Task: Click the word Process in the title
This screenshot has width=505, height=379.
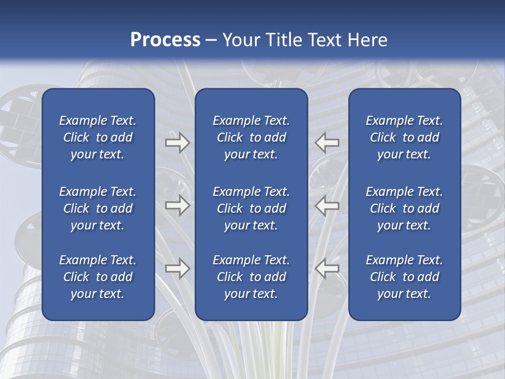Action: (x=165, y=40)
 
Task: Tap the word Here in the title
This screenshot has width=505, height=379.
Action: (x=367, y=40)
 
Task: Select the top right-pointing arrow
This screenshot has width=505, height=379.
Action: (x=177, y=143)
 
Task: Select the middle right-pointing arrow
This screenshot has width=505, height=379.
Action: (x=177, y=205)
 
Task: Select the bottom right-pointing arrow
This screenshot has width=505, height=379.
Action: (x=177, y=268)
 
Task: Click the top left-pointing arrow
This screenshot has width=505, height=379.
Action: (x=327, y=143)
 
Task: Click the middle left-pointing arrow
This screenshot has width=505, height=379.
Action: (x=327, y=205)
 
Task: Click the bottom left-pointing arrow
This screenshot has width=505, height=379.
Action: (x=327, y=268)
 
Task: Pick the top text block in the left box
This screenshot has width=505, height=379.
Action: (x=98, y=137)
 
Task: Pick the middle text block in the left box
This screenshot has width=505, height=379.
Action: (x=98, y=208)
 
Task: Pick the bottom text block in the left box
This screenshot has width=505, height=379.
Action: (x=98, y=277)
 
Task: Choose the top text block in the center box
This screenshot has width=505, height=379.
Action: (x=251, y=137)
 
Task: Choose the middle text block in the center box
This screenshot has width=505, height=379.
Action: (x=251, y=208)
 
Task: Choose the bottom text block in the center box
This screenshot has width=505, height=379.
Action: (x=251, y=277)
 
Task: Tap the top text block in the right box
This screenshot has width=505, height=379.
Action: (x=404, y=137)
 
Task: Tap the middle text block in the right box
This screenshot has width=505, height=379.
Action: (x=404, y=208)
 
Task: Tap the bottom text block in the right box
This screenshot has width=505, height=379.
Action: (x=404, y=277)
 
